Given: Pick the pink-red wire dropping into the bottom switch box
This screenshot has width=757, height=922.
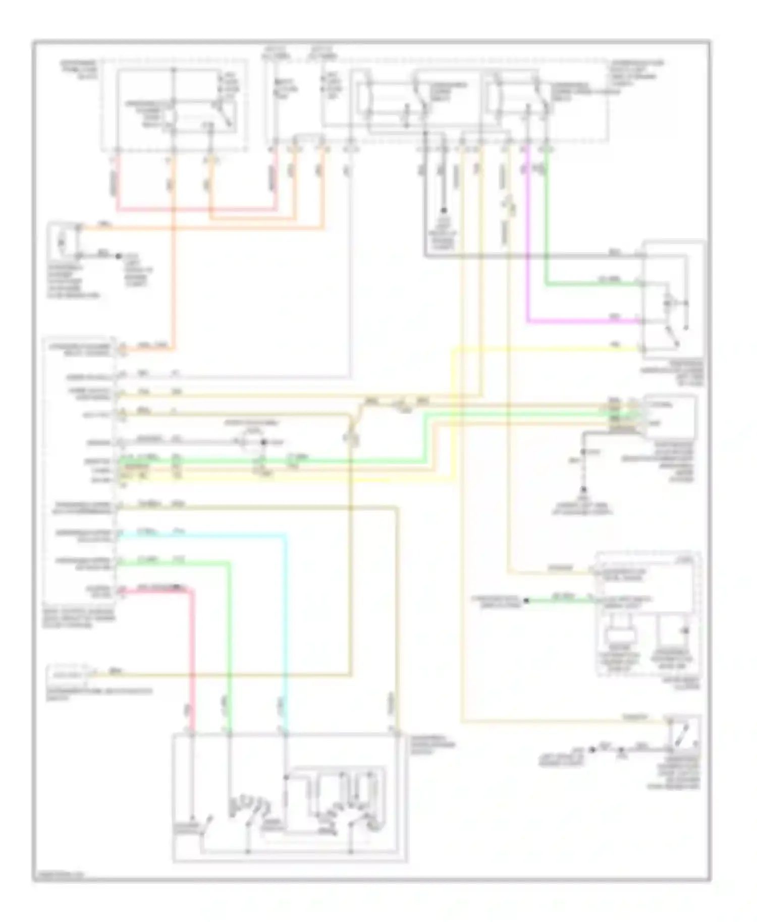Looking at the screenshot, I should click(x=192, y=656).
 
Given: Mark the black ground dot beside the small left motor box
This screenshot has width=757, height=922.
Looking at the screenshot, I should click(x=119, y=256).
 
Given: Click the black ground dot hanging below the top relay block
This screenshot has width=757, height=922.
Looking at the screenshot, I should click(x=444, y=210).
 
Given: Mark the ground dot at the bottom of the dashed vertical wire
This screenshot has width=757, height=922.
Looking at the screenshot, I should click(x=583, y=490).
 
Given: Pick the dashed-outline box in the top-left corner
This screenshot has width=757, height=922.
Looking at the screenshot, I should click(x=174, y=104).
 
